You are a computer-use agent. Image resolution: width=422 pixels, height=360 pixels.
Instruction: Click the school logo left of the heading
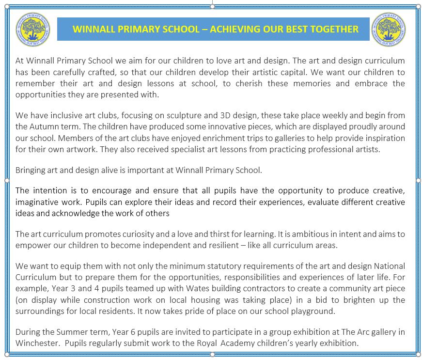pos(33,29)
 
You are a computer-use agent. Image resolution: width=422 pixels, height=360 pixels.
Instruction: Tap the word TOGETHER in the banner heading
pos(334,29)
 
